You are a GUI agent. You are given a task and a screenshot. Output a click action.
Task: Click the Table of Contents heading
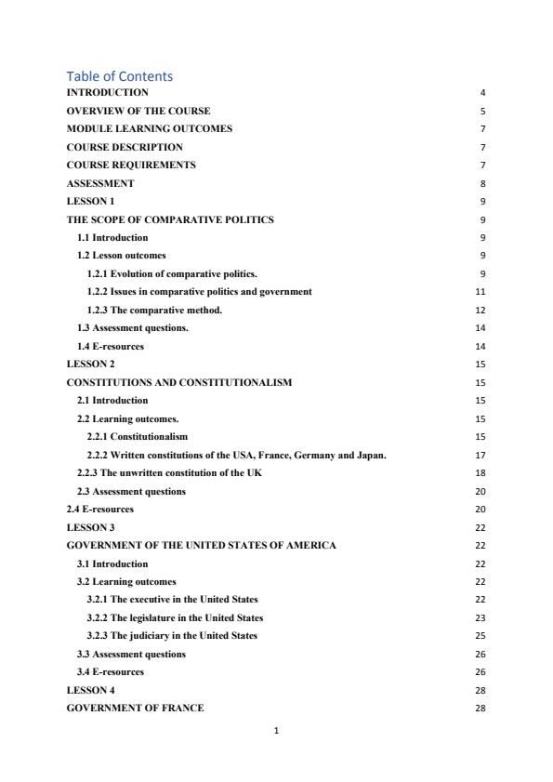pos(120,76)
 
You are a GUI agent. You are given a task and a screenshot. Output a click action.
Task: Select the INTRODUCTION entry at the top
pos(107,93)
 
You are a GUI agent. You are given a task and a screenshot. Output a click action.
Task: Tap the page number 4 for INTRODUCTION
pos(482,93)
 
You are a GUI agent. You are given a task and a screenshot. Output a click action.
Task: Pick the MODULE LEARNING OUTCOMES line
pos(149,128)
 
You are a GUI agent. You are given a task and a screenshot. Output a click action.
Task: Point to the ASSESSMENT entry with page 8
pos(100,183)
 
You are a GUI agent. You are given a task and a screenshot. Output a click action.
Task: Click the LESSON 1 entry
pos(91,201)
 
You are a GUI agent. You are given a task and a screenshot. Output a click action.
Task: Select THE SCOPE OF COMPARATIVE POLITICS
pos(170,219)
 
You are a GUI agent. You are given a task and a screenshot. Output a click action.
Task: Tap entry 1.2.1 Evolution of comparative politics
pos(172,273)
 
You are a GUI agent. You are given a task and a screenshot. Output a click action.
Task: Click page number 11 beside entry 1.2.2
pos(481,292)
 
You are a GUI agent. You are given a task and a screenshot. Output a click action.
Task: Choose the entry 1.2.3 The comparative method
pos(154,310)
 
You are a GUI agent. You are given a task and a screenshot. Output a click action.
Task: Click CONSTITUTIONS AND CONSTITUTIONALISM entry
pos(179,382)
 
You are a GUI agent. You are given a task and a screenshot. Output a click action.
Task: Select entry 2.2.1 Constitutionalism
pos(137,436)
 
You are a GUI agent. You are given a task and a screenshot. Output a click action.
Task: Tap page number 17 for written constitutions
pos(481,455)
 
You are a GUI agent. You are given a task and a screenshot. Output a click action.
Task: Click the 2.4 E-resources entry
pos(99,509)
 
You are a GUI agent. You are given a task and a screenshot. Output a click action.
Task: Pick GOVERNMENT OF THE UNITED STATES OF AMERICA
pos(202,545)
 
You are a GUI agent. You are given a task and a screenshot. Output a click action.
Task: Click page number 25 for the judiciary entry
pos(481,636)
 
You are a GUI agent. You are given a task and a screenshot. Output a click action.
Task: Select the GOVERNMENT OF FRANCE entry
pos(136,709)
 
